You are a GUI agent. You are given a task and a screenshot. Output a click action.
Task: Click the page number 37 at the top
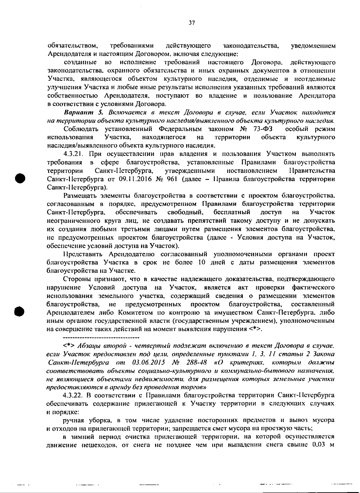(x=192, y=23)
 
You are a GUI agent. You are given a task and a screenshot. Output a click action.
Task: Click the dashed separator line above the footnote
(x=93, y=337)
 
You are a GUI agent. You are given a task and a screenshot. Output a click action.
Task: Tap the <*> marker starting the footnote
(x=70, y=346)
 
